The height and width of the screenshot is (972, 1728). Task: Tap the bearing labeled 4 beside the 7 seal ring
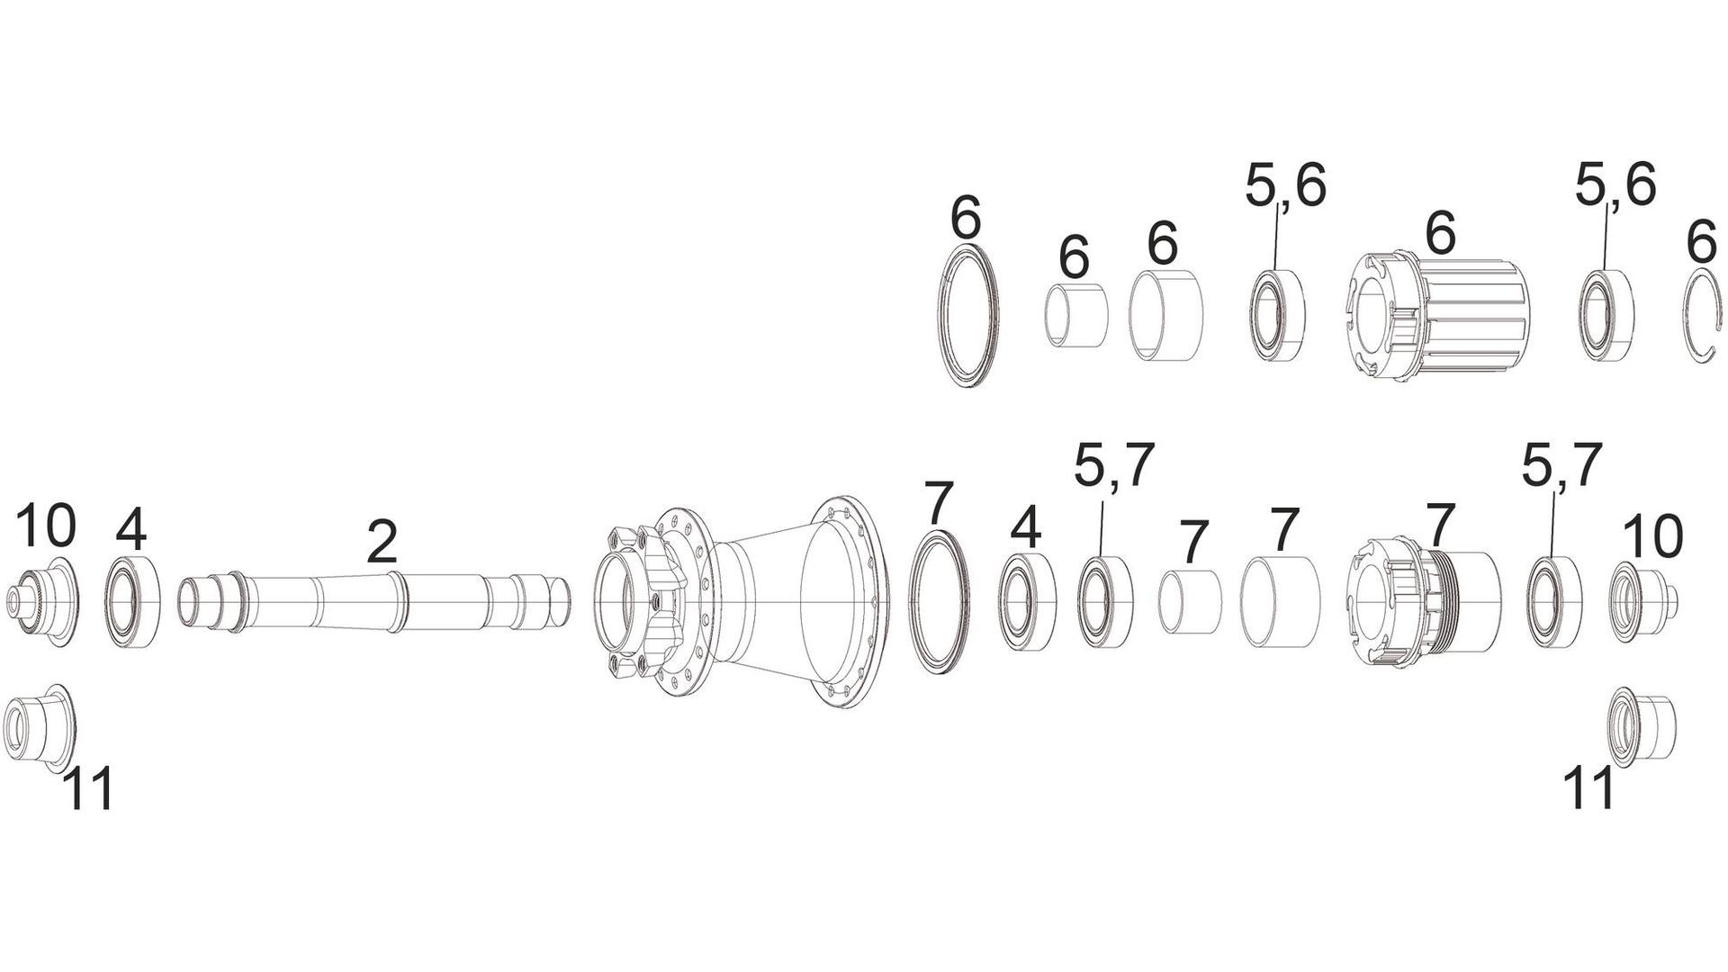click(x=1029, y=601)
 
